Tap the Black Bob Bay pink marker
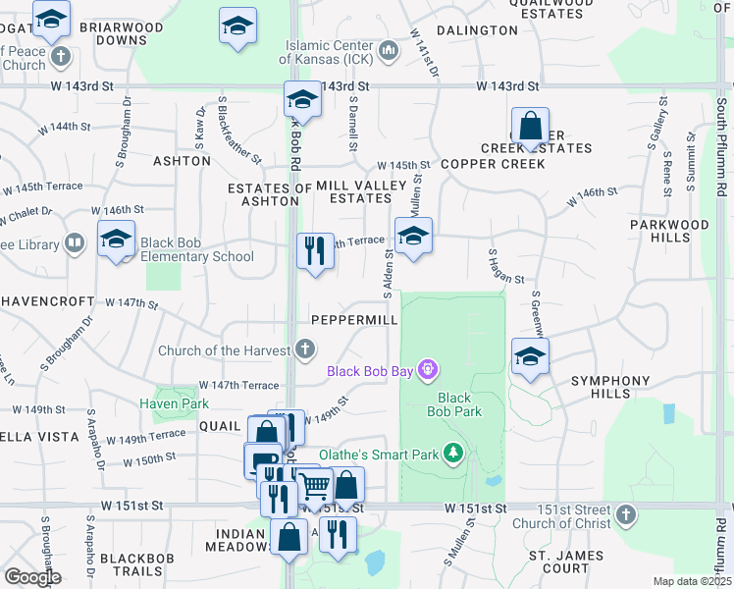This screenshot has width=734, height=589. tap(427, 370)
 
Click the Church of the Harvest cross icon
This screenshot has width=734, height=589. tap(305, 348)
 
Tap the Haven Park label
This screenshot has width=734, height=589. tap(174, 403)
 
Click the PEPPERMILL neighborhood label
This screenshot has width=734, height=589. tap(354, 321)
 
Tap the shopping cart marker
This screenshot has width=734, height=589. tap(314, 484)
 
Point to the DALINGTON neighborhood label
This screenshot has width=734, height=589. tap(477, 30)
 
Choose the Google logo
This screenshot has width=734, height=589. tap(32, 577)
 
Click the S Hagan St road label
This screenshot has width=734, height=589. tap(506, 266)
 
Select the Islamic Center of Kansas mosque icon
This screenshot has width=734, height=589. tap(388, 48)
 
